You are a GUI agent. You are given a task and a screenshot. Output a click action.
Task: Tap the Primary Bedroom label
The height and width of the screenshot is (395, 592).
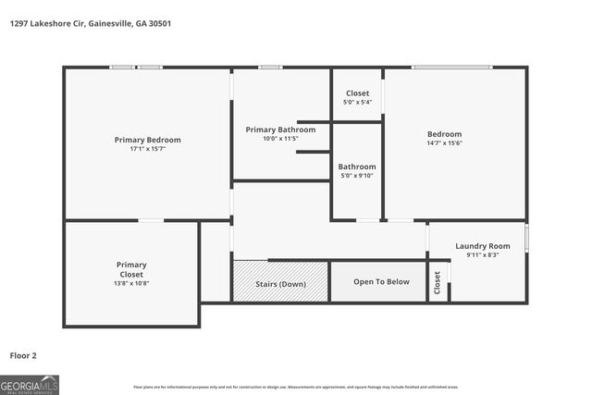coord(147,140)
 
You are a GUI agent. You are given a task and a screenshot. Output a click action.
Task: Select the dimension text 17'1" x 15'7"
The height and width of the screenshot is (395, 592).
coord(147,149)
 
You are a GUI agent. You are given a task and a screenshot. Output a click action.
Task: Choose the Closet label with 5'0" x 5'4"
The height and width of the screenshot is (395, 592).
coord(357,93)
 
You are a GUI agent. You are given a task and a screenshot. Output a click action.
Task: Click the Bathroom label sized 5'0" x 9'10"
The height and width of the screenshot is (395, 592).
coord(357,167)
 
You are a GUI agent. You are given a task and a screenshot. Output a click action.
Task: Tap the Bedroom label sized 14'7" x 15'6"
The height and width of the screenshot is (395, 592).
coord(444,134)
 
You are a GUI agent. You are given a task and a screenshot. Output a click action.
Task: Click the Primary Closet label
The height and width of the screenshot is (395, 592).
coord(131,269)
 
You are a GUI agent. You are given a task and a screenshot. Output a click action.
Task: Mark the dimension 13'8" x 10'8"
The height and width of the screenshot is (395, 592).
coord(131,283)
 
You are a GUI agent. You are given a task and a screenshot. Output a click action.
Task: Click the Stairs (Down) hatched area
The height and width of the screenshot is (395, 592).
coord(280,282)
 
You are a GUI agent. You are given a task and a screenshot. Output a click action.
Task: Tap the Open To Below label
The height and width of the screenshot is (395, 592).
coord(381,282)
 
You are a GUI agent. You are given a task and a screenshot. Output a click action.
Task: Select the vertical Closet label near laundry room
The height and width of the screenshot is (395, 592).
coord(438,283)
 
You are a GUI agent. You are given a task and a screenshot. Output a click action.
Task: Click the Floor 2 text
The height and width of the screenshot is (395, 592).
coord(23,354)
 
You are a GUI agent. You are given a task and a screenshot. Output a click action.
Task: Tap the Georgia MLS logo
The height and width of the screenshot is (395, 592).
coord(30,384)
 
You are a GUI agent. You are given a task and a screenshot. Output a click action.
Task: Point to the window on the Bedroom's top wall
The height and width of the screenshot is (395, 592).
coord(451,67)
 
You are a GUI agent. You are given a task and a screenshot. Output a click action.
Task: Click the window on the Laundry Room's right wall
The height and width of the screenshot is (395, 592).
coord(526,238)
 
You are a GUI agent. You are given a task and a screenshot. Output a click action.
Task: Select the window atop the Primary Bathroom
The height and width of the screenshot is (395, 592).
coord(270,67)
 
